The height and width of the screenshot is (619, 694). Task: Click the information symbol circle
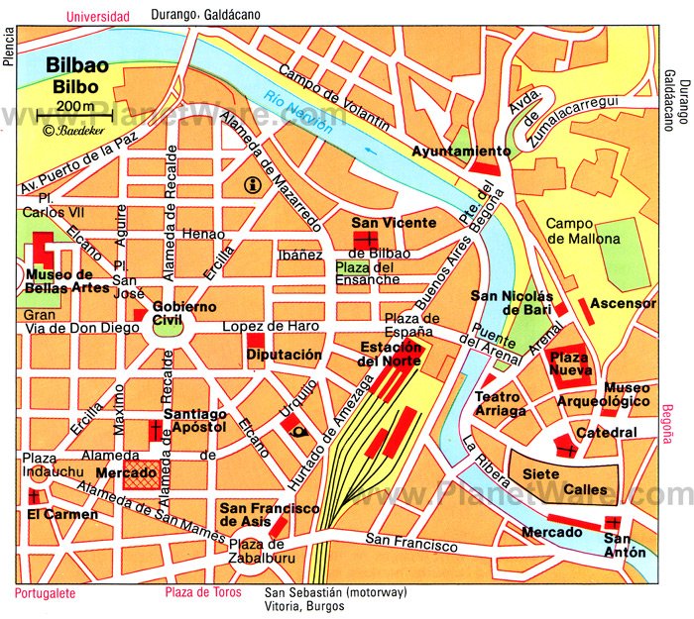(x=253, y=183)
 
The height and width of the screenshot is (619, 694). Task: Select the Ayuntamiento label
(x=461, y=152)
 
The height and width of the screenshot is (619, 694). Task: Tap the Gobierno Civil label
(x=183, y=313)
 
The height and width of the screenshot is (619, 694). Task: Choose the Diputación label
(x=285, y=354)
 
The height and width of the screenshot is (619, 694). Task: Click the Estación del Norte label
(x=391, y=354)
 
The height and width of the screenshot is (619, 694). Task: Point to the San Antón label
(x=625, y=545)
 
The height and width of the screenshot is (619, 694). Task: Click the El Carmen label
(x=62, y=514)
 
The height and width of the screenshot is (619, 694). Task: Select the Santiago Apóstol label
(x=196, y=421)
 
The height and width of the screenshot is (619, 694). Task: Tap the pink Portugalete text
(x=51, y=593)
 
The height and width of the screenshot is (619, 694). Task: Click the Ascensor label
(x=624, y=302)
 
